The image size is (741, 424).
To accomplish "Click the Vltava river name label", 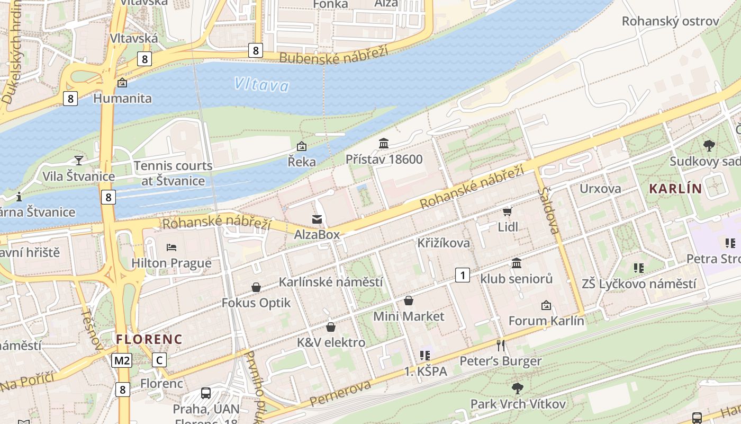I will point(262,85).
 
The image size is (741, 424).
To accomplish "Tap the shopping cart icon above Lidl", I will point(507,211).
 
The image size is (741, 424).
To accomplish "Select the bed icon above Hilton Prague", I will point(171,247).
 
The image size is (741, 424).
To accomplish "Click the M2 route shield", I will point(122,360).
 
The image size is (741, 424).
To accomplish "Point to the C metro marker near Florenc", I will point(159,360).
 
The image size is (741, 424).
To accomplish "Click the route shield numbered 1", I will point(463,275).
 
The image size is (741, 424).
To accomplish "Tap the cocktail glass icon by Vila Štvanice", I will point(79,160).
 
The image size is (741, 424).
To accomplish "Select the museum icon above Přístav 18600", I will point(384,143).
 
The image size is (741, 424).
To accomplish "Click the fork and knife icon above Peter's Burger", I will point(501,346).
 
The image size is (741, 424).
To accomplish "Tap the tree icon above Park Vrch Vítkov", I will point(518,388).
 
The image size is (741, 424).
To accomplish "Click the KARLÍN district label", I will point(675,188).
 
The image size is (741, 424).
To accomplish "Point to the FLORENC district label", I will point(149,339).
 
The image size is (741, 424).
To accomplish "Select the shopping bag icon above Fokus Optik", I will point(256,287).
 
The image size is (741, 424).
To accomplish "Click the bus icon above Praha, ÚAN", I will point(206,393).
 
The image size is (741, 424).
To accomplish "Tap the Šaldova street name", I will point(549,210).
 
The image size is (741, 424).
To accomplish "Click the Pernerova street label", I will point(340,393).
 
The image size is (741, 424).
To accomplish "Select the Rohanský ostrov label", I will point(670,21).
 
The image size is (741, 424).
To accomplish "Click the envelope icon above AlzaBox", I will point(317,219).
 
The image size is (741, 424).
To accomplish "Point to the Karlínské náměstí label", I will point(331,282).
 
